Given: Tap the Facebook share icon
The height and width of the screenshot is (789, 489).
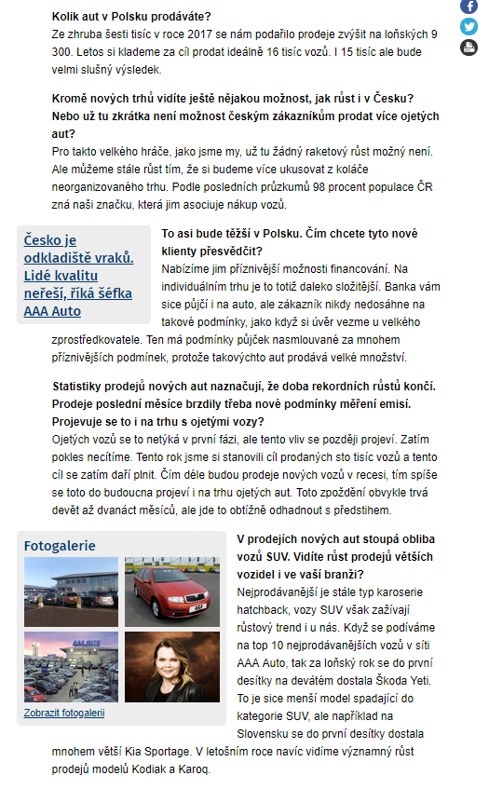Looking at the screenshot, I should coord(469,7).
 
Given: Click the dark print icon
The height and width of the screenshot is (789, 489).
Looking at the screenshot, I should coord(469,48).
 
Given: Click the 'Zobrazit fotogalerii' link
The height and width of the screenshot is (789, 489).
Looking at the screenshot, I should coord(64,713).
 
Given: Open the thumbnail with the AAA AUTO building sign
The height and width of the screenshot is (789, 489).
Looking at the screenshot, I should coord(71,667).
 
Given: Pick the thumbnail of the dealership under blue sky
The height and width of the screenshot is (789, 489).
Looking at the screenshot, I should coord(71,591).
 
